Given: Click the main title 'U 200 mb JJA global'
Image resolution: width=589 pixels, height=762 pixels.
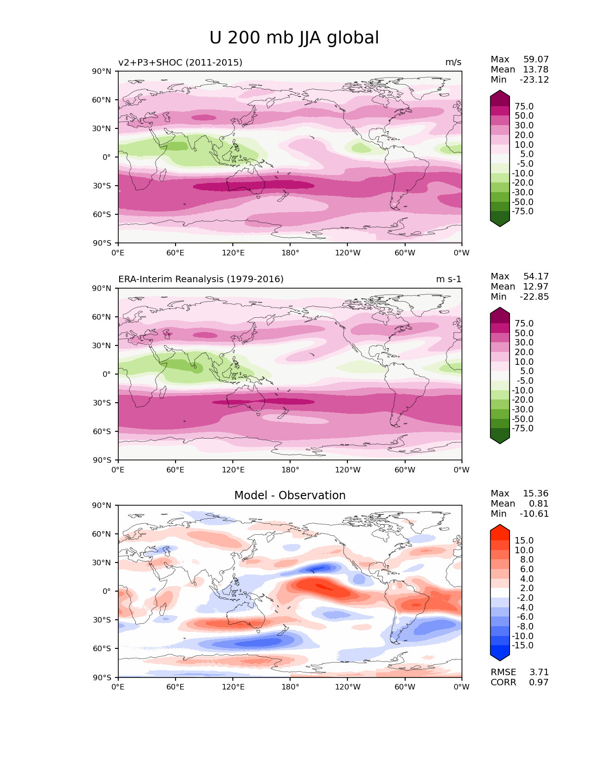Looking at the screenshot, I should pyautogui.click(x=294, y=38).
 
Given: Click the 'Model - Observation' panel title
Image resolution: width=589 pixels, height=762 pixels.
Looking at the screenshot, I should pyautogui.click(x=290, y=496).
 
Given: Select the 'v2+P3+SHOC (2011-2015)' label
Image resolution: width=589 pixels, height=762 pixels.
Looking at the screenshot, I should pyautogui.click(x=180, y=62).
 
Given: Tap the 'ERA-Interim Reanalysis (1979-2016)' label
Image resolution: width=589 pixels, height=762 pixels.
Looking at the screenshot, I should pyautogui.click(x=201, y=279).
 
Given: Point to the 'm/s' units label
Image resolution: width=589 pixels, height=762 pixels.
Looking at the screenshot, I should pyautogui.click(x=453, y=62).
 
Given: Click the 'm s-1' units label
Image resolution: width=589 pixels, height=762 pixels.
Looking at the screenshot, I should pyautogui.click(x=449, y=279).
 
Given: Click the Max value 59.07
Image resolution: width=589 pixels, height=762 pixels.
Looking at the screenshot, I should pyautogui.click(x=536, y=60).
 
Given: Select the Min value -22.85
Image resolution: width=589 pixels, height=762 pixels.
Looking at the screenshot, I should pyautogui.click(x=534, y=297).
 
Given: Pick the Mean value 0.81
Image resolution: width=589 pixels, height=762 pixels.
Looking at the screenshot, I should pyautogui.click(x=539, y=504).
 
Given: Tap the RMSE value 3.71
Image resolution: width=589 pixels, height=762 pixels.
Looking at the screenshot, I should pyautogui.click(x=539, y=672).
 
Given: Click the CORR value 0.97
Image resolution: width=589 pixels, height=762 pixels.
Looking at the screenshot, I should pyautogui.click(x=539, y=683).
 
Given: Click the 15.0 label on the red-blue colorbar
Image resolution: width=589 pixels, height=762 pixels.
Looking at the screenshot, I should pyautogui.click(x=524, y=541).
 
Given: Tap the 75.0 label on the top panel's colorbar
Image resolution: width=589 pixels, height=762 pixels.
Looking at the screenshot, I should pyautogui.click(x=524, y=107).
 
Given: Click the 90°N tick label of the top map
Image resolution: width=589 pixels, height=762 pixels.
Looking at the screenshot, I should pyautogui.click(x=102, y=71).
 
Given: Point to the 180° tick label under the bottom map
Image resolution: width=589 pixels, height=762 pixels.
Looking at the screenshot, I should pyautogui.click(x=290, y=687).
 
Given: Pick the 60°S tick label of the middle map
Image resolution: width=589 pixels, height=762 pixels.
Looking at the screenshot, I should pyautogui.click(x=102, y=431).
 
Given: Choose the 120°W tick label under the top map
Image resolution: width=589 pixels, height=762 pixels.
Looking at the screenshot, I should pyautogui.click(x=347, y=253).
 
